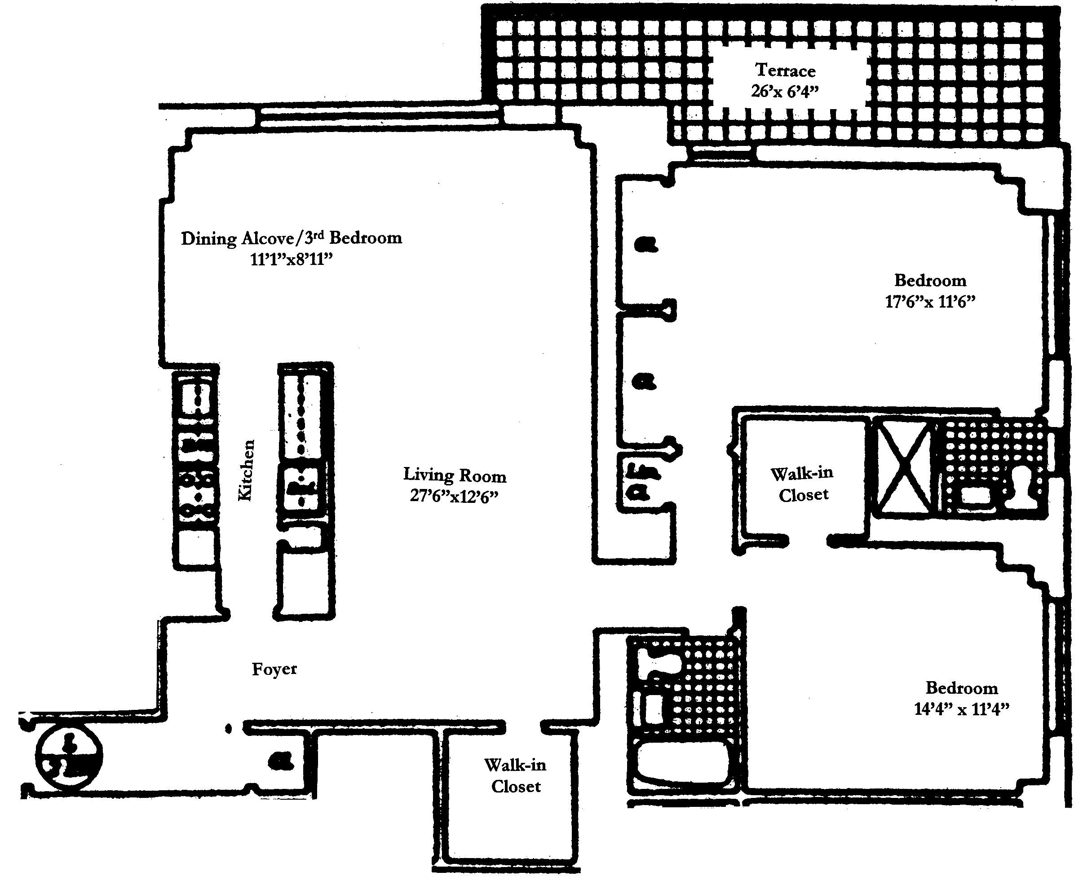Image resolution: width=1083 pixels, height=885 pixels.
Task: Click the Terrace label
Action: point(785,70)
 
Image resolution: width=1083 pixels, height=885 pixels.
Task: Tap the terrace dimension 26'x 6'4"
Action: point(785,91)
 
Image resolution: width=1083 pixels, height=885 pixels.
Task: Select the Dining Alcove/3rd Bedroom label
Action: point(291,238)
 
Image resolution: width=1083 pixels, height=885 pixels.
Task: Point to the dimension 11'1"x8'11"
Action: point(291,260)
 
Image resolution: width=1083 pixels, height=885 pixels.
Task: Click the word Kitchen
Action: point(246,470)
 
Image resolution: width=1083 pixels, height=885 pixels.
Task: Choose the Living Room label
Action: point(454,475)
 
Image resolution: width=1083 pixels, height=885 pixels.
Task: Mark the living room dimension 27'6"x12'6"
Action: point(454,496)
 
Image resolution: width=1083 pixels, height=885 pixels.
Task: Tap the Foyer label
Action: point(274,669)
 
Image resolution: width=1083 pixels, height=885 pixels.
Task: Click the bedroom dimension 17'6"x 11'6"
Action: point(930,301)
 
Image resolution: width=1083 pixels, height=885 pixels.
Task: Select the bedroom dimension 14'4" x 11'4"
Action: point(962,709)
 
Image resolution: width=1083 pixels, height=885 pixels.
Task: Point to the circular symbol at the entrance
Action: point(69,757)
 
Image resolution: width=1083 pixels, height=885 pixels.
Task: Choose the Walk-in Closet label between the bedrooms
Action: point(803,484)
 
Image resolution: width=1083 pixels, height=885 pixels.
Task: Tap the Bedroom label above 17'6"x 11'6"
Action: point(930,280)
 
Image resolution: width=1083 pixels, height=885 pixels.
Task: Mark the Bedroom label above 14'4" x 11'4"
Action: point(962,688)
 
